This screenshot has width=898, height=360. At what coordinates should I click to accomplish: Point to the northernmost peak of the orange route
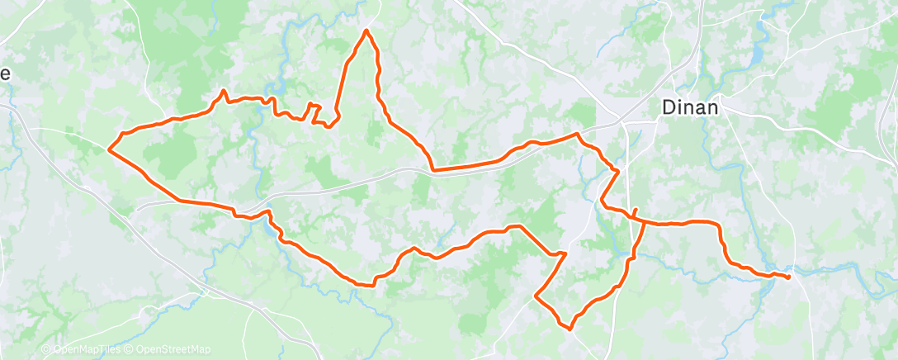pos(366,31)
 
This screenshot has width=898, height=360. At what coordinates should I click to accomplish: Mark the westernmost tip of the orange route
pos(109,149)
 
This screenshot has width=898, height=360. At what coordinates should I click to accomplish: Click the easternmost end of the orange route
pos(789,277)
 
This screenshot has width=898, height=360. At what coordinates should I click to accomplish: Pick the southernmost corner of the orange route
pos(569,328)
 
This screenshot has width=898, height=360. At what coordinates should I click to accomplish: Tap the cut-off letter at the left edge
pos(4,73)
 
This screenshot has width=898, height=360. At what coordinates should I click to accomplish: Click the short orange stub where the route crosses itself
pos(636,211)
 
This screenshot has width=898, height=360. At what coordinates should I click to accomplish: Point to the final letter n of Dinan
pos(712,107)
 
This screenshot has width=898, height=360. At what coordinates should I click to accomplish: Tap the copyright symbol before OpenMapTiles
pos(46,350)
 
